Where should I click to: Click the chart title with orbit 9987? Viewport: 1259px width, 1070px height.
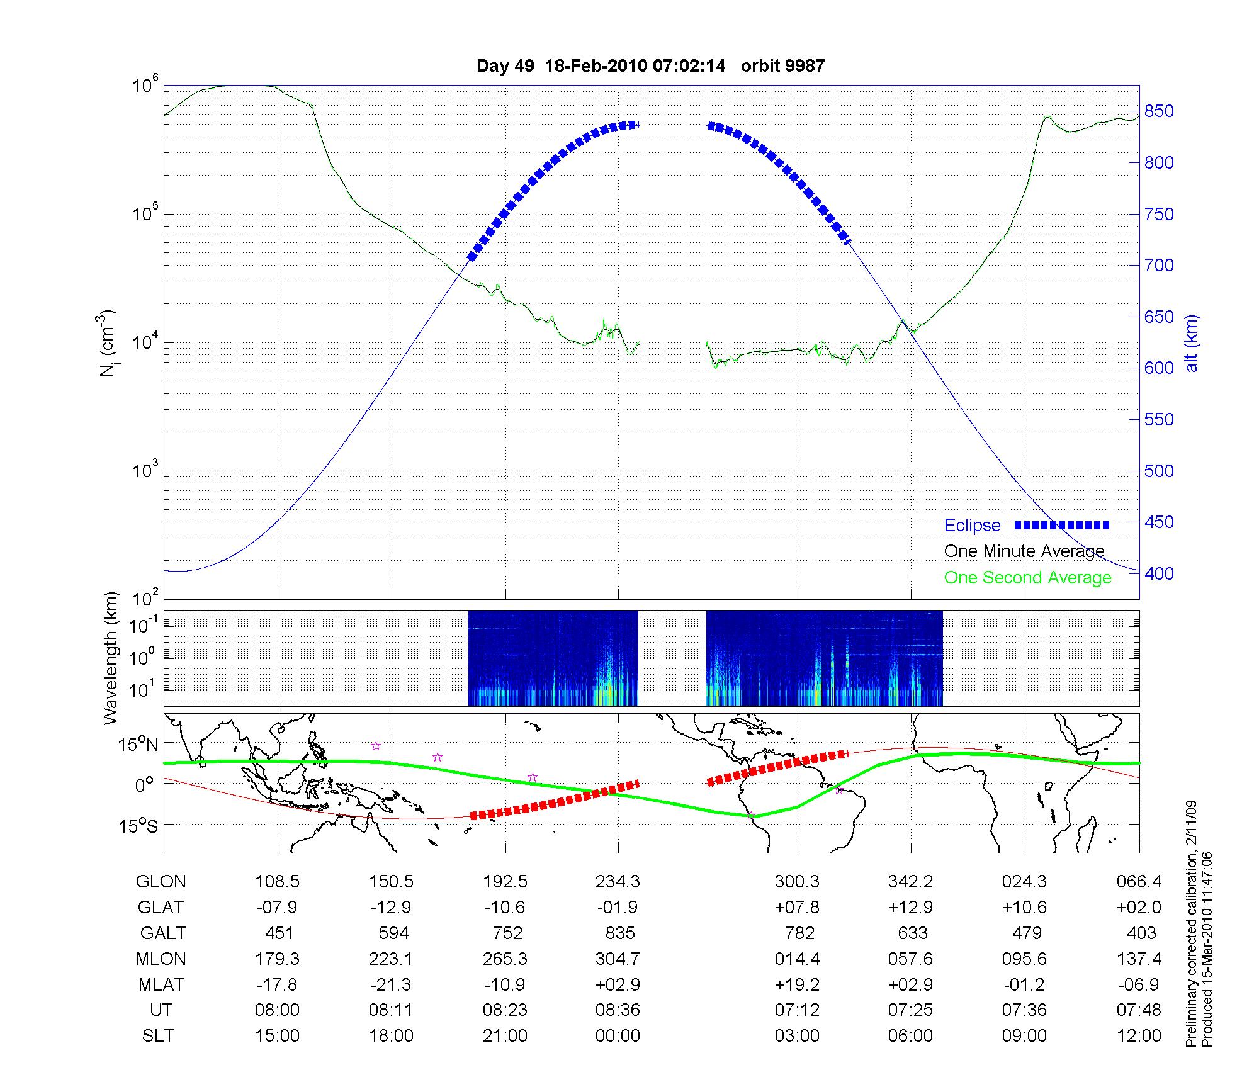pyautogui.click(x=650, y=66)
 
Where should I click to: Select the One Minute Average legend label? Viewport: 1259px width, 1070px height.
pyautogui.click(x=1024, y=551)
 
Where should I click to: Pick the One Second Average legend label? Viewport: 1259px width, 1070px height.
pyautogui.click(x=1027, y=578)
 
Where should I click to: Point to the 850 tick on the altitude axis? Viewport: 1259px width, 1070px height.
pyautogui.click(x=1159, y=112)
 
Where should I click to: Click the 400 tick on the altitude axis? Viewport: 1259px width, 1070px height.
pyautogui.click(x=1159, y=573)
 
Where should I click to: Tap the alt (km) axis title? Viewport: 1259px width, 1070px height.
pyautogui.click(x=1192, y=344)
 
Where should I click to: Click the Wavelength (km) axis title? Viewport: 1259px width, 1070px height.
pyautogui.click(x=111, y=658)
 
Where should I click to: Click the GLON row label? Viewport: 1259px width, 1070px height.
pyautogui.click(x=161, y=882)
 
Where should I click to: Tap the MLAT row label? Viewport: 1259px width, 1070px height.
pyautogui.click(x=161, y=984)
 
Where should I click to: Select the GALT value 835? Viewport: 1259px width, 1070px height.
pyautogui.click(x=620, y=933)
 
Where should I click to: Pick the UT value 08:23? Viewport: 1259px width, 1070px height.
pyautogui.click(x=505, y=1010)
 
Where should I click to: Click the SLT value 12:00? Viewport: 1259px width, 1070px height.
pyautogui.click(x=1139, y=1036)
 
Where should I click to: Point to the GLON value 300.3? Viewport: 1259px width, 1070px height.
pyautogui.click(x=797, y=882)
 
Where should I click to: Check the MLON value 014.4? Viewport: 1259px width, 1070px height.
pyautogui.click(x=797, y=959)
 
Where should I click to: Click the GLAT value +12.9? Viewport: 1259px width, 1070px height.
pyautogui.click(x=910, y=908)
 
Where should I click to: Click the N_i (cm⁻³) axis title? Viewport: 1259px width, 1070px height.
pyautogui.click(x=108, y=344)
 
